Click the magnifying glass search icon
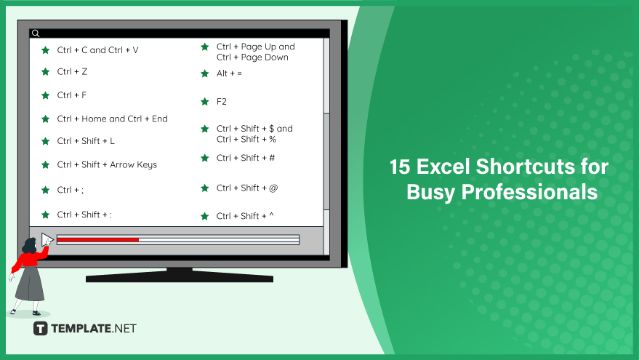coord(36,33)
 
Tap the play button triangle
coord(47,239)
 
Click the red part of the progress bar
coord(98,240)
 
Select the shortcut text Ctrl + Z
coord(72,72)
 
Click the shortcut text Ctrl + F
coord(72,95)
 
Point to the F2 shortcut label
coord(221,102)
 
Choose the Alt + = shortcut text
coord(229,73)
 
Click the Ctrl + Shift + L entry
coord(86,141)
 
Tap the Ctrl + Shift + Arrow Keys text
coord(107,164)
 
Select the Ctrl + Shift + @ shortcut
coord(247,188)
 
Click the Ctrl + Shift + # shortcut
coord(246,158)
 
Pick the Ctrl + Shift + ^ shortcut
coord(245,216)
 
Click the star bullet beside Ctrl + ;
coord(46,190)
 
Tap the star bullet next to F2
coord(205,102)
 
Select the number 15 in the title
coord(400,167)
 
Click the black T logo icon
coord(40,329)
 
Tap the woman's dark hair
coord(28,246)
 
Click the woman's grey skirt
coord(30,284)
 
